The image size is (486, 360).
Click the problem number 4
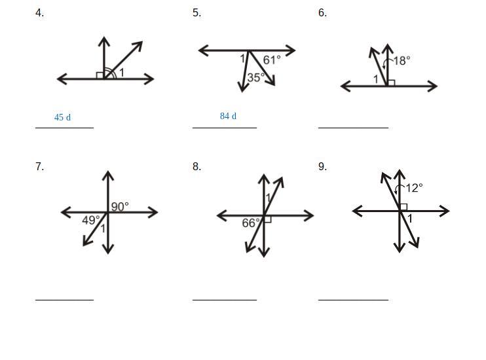point(39,13)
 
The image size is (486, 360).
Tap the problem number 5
point(196,13)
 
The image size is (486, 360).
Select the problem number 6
point(322,13)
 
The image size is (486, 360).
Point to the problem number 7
point(39,167)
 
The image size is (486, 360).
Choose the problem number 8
point(196,167)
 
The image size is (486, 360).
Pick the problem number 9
point(322,167)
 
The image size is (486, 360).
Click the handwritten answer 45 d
point(63,118)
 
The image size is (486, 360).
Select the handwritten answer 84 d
point(228,116)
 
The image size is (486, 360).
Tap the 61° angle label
point(272,60)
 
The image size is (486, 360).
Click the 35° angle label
point(256,77)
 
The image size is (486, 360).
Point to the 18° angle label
point(402,60)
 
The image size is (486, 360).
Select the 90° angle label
point(120,207)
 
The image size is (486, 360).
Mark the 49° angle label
point(91,221)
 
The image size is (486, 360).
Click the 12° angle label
point(414,189)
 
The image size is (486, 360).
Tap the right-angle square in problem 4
point(100,76)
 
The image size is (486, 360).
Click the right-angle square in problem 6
point(391,82)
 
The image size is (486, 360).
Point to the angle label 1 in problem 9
point(410,219)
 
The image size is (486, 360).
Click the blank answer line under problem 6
point(353,128)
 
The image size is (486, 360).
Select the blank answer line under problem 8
point(224,300)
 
